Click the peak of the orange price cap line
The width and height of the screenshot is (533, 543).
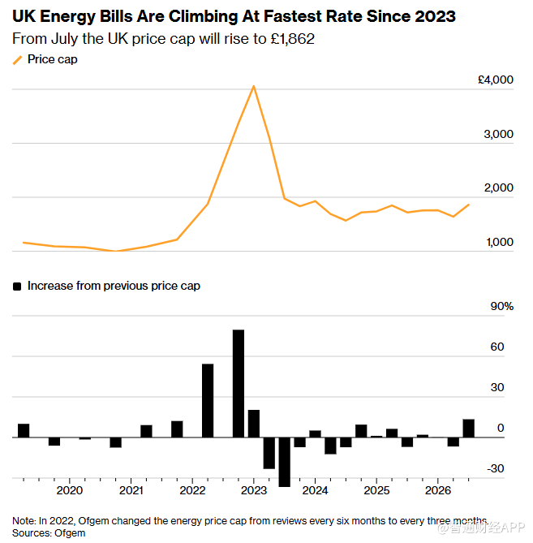tap(254, 86)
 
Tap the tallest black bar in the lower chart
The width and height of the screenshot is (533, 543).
tap(239, 383)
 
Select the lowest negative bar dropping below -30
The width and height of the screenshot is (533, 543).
tap(285, 462)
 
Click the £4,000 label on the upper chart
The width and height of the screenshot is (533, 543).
tap(495, 80)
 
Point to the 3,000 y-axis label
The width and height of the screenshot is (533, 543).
tap(498, 135)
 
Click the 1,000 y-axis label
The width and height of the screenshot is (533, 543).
tap(500, 242)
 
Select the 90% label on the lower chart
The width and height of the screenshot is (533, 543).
tap(502, 307)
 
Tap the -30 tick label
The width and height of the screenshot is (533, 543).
tap(495, 468)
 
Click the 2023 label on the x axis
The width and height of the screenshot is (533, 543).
tap(254, 490)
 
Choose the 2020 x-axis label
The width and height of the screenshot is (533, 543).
tap(70, 490)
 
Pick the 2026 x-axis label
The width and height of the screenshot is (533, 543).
tap(438, 490)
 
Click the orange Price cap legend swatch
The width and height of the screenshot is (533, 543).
tap(17, 60)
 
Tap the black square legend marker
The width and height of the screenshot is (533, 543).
tap(17, 287)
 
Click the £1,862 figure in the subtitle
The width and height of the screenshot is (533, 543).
tap(292, 39)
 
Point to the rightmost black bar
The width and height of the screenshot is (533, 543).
tap(468, 429)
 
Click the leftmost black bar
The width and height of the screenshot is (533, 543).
tap(24, 430)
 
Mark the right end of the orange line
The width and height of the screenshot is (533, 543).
tap(469, 205)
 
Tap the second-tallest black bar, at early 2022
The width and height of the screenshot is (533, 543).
tap(208, 401)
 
